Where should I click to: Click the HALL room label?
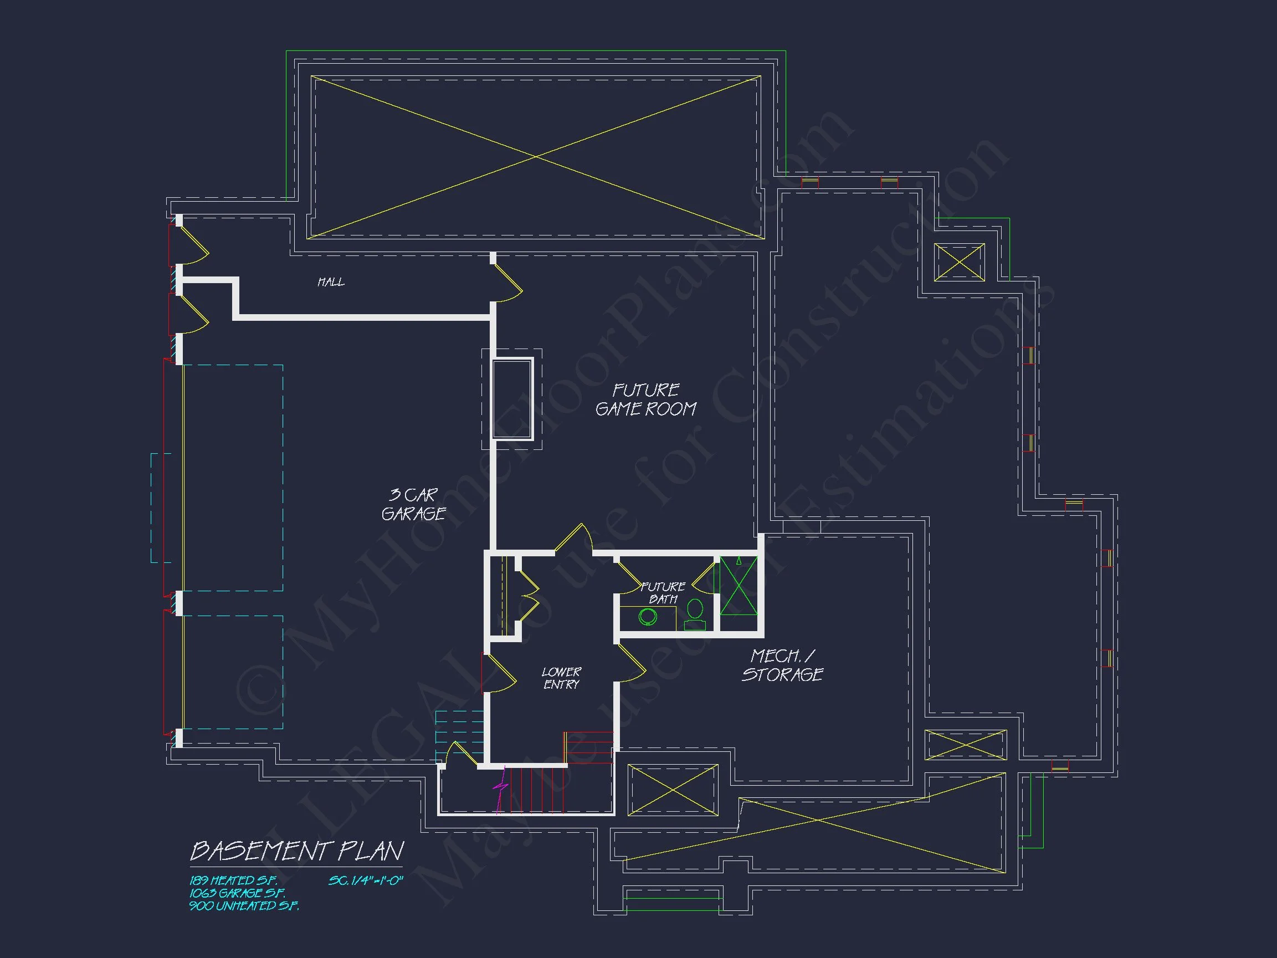coord(331,282)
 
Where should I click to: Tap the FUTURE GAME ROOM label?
coord(645,399)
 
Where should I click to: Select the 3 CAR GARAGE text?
coord(413,504)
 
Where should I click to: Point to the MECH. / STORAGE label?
coord(782,665)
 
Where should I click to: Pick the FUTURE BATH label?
coord(663,592)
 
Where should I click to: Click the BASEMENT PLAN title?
coord(297,851)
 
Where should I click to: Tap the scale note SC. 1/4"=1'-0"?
coord(366,880)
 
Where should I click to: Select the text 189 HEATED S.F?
coord(233,880)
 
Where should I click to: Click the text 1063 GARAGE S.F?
coord(237,893)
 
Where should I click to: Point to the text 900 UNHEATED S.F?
coord(244,906)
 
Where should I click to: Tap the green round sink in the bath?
coord(648,617)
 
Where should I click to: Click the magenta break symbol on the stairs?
coord(500,786)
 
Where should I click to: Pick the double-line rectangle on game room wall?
coord(511,399)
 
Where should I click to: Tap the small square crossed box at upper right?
coord(959,262)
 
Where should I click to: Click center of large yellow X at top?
coord(536,156)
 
